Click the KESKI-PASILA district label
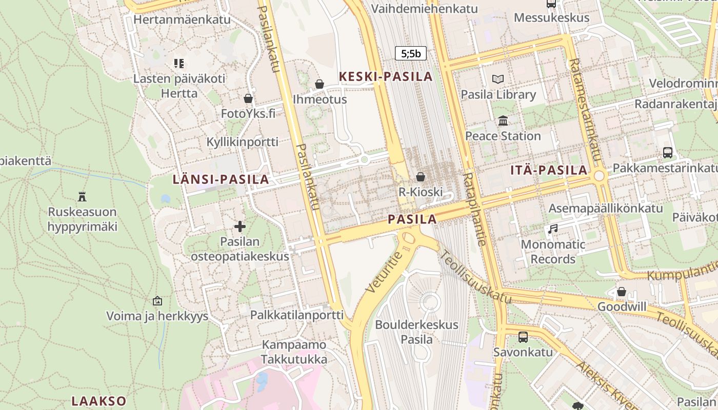pyautogui.click(x=386, y=77)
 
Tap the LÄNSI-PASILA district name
pyautogui.click(x=221, y=179)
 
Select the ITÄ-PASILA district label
pyautogui.click(x=549, y=170)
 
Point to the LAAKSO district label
pyautogui.click(x=99, y=401)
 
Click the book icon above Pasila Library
pyautogui.click(x=498, y=79)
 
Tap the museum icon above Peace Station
pyautogui.click(x=503, y=121)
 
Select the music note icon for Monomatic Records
pyautogui.click(x=552, y=229)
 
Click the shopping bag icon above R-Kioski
pyautogui.click(x=421, y=177)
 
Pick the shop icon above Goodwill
pyautogui.click(x=622, y=292)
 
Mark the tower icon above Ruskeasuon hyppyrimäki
pyautogui.click(x=82, y=196)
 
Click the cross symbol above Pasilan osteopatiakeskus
pyautogui.click(x=240, y=226)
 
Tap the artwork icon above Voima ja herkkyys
pyautogui.click(x=157, y=301)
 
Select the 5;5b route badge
pyautogui.click(x=411, y=53)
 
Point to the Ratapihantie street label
pyautogui.click(x=474, y=209)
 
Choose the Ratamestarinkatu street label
pyautogui.click(x=584, y=110)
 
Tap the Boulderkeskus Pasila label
pyautogui.click(x=416, y=332)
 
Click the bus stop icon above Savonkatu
pyautogui.click(x=523, y=337)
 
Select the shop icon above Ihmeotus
pyautogui.click(x=320, y=84)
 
